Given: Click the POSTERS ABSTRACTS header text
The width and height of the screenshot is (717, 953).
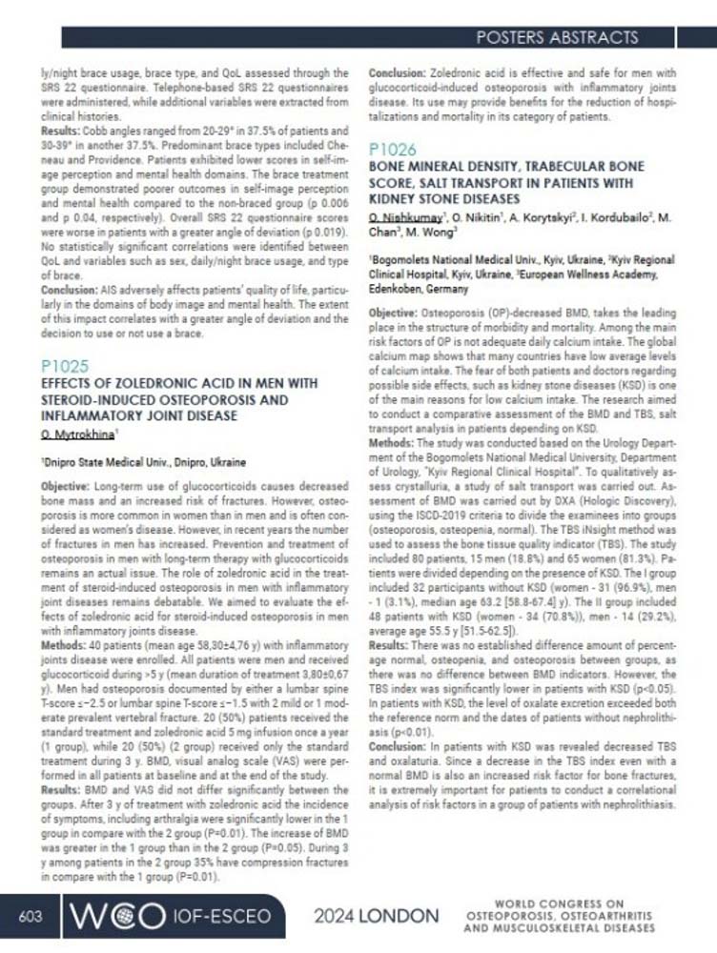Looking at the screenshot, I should coord(556,38).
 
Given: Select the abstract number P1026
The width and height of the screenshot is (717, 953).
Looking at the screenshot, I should coord(391,150).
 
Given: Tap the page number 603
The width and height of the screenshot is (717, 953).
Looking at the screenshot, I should coord(31,916).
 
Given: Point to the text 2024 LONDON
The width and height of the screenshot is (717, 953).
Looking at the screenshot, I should coord(377,917).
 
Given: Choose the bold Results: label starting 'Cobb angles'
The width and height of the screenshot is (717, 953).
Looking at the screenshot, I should coord(61,128).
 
